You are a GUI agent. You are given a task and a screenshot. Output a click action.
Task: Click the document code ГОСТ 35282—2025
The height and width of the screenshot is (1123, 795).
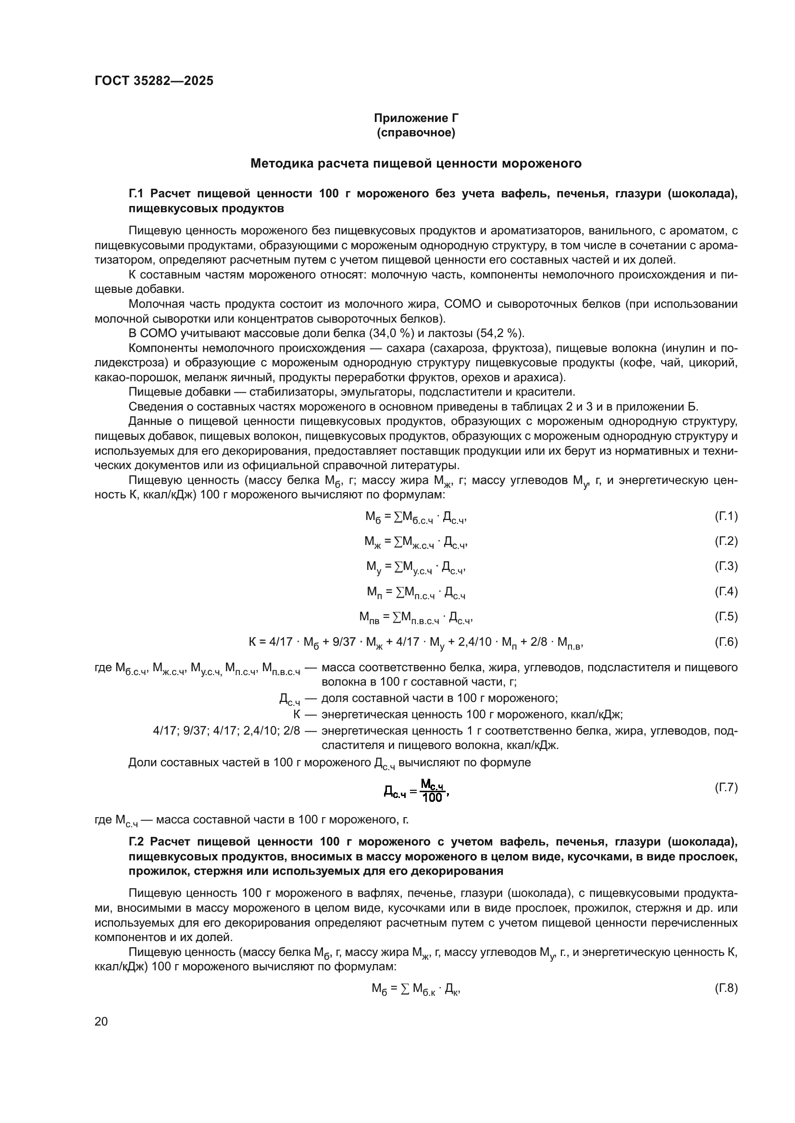tap(154, 81)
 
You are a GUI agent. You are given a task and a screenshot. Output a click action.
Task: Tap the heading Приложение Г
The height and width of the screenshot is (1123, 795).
tap(416, 118)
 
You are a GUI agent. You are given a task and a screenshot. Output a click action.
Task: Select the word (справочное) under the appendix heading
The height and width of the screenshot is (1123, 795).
tap(416, 133)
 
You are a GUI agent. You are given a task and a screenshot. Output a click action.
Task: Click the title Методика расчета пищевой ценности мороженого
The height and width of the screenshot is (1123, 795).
tap(416, 163)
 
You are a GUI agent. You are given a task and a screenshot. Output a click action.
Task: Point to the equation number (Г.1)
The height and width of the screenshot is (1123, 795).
tap(725, 516)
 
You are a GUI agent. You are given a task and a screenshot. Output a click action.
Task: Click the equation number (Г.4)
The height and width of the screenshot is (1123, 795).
tap(725, 592)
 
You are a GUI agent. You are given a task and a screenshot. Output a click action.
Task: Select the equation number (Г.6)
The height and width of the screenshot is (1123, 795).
tap(725, 642)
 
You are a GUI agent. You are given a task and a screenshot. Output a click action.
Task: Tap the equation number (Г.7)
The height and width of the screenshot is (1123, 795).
tap(725, 787)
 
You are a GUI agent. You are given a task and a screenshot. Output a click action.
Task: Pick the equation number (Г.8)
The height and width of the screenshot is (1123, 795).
tap(725, 989)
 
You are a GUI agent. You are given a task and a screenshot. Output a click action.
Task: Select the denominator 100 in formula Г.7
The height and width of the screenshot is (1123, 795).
tap(432, 798)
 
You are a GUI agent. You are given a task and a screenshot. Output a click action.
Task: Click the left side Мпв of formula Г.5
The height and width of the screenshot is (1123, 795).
tap(369, 618)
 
